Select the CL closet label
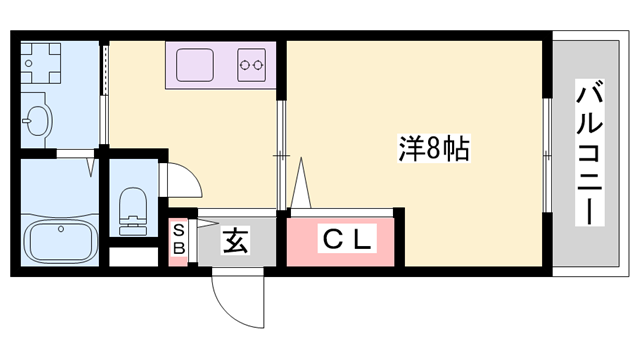pyautogui.click(x=345, y=240)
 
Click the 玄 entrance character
pyautogui.click(x=235, y=240)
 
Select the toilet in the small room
pyautogui.click(x=132, y=208)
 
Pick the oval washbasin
pyautogui.click(x=37, y=122)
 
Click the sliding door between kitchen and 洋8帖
pyautogui.click(x=281, y=155)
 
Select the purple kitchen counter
pyautogui.click(x=221, y=67)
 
